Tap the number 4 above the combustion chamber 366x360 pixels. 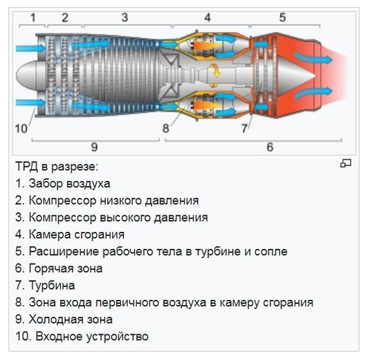pos(207,17)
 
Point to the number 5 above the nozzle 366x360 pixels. pos(282,17)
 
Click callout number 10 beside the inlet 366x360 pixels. pos(21,128)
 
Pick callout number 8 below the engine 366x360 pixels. pos(166,128)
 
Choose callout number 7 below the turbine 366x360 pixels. pos(244,128)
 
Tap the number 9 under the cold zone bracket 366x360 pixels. pos(94,147)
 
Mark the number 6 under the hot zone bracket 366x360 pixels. pos(270,147)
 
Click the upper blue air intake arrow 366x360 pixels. pos(27,48)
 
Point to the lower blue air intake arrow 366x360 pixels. pos(27,102)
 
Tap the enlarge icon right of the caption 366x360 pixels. pos(346,164)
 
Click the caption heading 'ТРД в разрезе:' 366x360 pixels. pos(57,167)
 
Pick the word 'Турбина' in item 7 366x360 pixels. pos(52,285)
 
